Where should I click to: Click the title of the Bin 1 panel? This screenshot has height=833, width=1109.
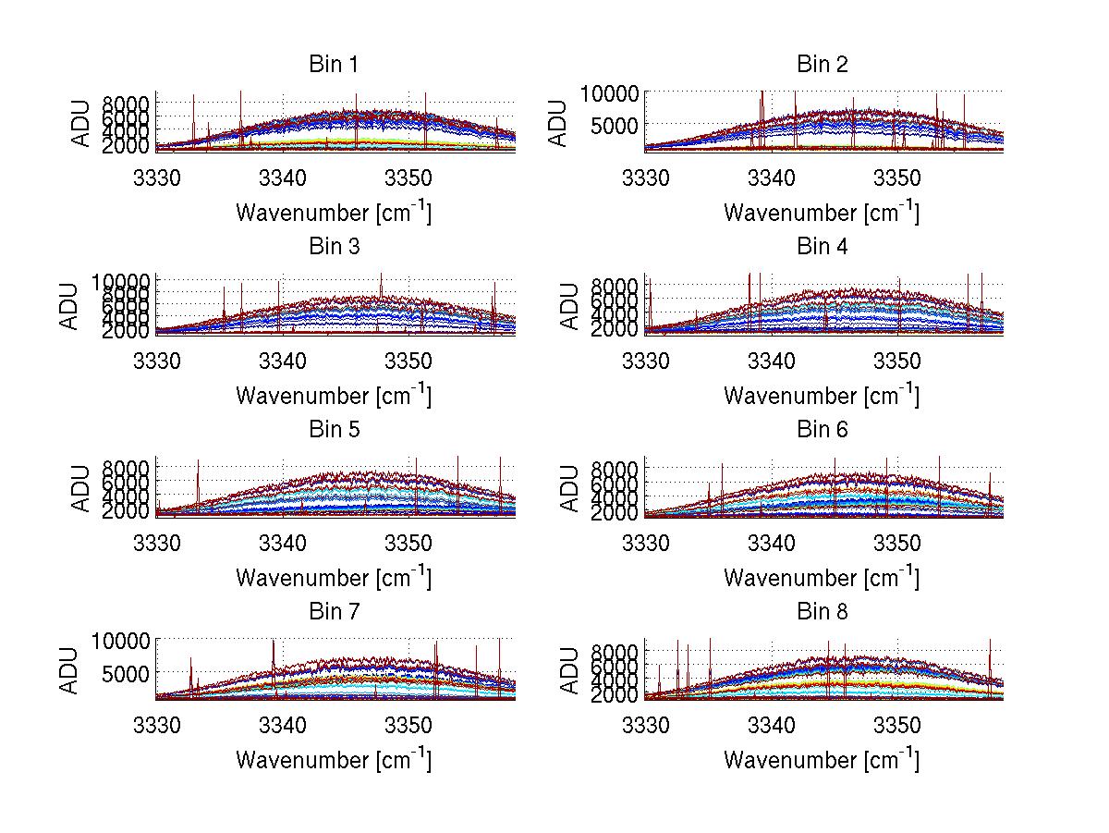pos(334,65)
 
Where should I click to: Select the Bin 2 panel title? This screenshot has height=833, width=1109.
pos(822,65)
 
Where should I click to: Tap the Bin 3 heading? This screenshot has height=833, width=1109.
pos(334,247)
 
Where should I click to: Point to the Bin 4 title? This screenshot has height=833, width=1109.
pos(822,247)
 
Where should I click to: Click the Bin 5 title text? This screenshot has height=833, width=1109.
pos(334,430)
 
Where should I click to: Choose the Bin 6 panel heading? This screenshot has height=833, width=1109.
pos(822,430)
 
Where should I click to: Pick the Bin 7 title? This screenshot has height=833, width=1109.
pos(334,612)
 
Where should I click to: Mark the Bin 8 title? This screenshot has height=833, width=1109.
pos(822,612)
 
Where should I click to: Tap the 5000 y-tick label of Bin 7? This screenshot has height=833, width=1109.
pos(125,673)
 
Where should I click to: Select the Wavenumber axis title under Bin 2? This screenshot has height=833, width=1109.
pos(822,212)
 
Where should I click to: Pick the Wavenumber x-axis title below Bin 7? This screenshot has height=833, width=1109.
pos(334,759)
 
